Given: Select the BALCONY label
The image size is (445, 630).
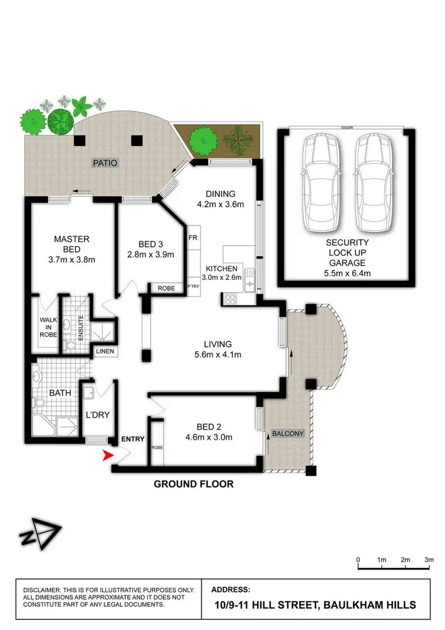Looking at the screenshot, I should click(289, 434).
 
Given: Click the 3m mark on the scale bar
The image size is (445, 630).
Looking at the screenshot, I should click(428, 559).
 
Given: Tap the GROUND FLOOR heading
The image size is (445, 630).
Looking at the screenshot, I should click(193, 484).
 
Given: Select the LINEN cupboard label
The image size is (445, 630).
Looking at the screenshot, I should click(105, 352).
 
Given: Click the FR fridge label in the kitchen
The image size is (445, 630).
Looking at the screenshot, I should click(192, 237).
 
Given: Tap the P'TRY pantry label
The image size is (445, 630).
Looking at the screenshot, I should click(193, 285).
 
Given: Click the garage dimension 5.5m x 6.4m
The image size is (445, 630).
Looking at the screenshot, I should click(348, 273).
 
